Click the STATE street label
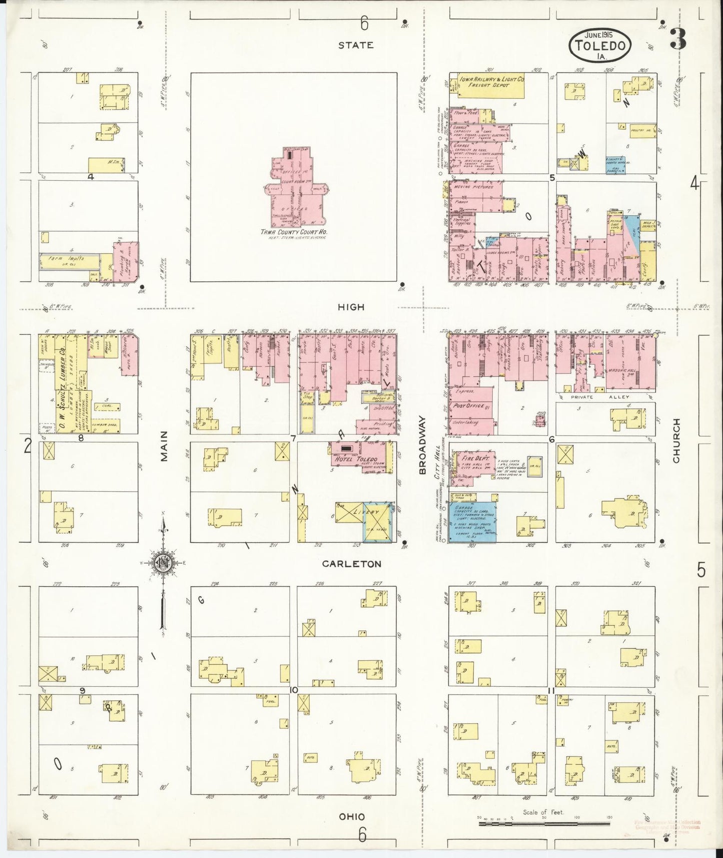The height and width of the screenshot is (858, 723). click(355, 45)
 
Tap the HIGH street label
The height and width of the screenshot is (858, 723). click(351, 307)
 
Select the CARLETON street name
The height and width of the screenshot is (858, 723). click(351, 564)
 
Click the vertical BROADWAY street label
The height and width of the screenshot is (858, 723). click(422, 445)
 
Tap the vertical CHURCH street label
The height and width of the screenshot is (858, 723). click(676, 441)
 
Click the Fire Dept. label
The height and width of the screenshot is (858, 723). click(472, 459)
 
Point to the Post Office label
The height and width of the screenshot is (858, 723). click(468, 406)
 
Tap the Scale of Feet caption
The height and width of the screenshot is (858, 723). click(543, 812)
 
